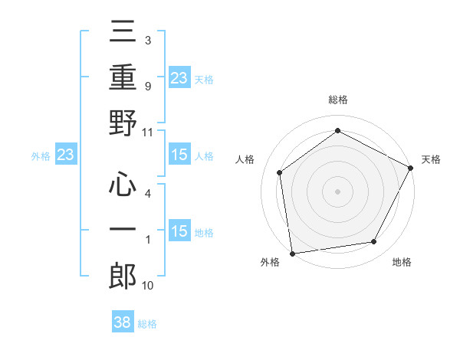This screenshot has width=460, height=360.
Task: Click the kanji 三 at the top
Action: point(123,34)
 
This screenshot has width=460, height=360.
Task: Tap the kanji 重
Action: point(123,77)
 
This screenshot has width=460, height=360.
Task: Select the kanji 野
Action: point(123,123)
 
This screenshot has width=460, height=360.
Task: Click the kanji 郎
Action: point(123,275)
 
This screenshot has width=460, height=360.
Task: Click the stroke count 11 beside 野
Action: point(148,131)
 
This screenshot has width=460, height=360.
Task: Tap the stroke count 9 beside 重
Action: point(147,86)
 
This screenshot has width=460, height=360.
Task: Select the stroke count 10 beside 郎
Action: point(148,285)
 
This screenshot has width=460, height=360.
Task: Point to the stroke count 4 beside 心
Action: point(147,194)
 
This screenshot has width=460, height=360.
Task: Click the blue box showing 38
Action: point(123,322)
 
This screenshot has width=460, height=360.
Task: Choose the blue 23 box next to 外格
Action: point(66,155)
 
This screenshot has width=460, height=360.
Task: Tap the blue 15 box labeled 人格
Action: point(179,155)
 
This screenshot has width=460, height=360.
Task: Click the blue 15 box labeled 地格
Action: point(179,232)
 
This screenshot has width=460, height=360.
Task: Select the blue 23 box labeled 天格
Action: point(179,77)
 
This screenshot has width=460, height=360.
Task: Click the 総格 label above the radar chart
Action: point(337,100)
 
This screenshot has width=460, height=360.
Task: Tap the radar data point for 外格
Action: point(292,253)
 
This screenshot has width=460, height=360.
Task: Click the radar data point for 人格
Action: point(280,172)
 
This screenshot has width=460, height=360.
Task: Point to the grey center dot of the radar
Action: point(337,191)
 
